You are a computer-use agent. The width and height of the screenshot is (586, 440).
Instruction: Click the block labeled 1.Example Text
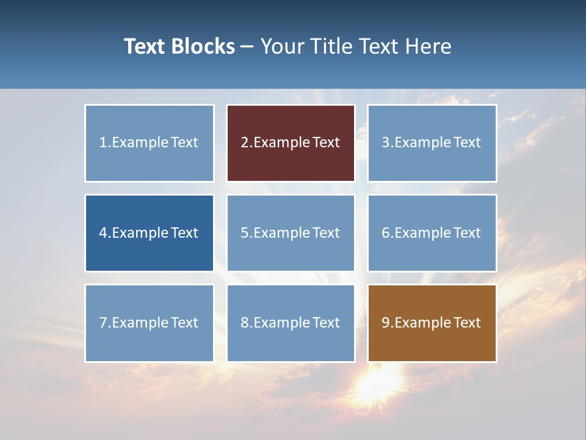[150, 143]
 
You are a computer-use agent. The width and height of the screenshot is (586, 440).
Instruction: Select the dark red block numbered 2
[291, 143]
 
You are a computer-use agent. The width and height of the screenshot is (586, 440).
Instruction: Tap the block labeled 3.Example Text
[432, 143]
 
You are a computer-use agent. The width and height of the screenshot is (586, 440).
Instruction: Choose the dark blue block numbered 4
[150, 233]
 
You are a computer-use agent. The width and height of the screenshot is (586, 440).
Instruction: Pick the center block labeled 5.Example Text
[291, 233]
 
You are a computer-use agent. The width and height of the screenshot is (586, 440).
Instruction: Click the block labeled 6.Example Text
[432, 233]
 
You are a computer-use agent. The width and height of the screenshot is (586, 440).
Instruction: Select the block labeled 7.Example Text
[150, 323]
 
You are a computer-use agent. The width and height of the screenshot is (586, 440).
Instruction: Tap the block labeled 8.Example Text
[291, 323]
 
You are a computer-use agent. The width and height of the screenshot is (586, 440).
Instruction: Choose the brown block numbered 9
[432, 323]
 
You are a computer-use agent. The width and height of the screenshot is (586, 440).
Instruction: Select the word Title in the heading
[330, 46]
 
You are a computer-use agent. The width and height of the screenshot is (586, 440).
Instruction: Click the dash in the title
[248, 47]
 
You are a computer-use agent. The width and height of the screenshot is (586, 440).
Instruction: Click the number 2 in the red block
[244, 142]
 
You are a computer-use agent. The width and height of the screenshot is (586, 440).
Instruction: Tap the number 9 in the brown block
[386, 323]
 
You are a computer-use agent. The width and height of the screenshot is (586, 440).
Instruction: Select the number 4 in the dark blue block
[103, 233]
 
